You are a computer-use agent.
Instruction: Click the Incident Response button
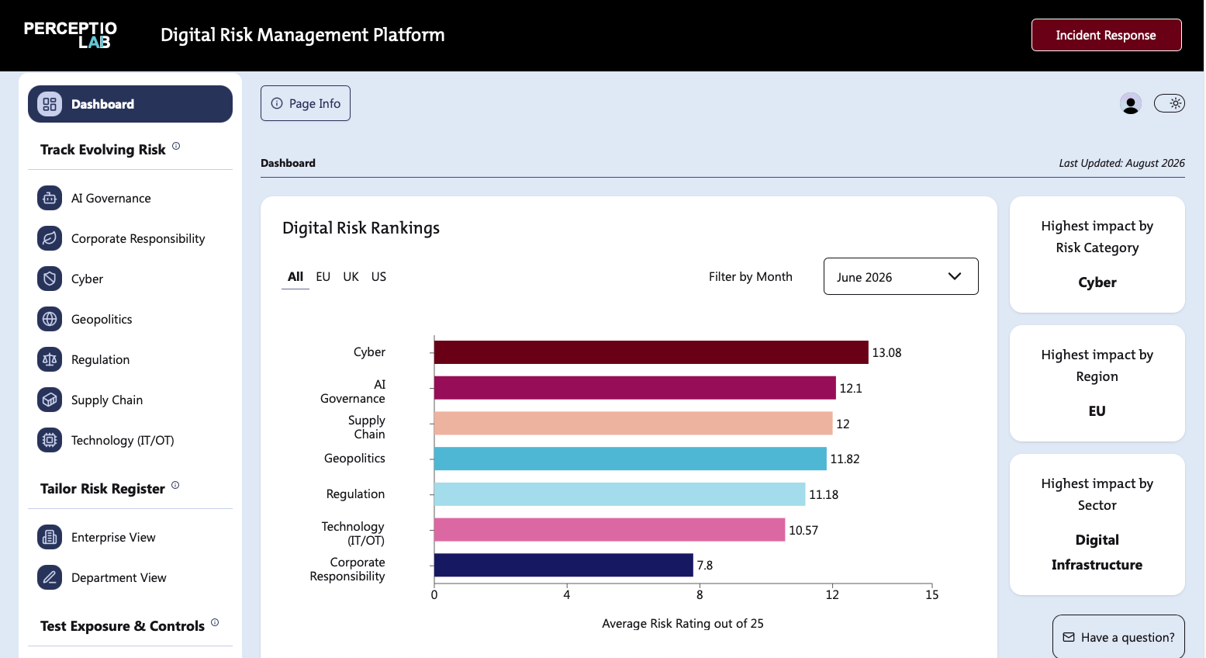1107,35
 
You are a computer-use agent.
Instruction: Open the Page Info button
306,103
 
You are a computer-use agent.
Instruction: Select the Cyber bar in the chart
651,352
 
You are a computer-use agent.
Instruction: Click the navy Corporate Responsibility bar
563,565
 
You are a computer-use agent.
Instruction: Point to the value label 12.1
851,388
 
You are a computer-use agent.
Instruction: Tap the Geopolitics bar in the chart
630,459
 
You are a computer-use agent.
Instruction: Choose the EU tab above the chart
323,277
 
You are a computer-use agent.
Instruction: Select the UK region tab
351,277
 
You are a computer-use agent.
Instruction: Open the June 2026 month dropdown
900,276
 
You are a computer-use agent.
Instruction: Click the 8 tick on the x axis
700,594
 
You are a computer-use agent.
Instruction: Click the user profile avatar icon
1130,103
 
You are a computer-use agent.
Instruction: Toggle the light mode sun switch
1169,103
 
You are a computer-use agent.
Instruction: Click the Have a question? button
1118,637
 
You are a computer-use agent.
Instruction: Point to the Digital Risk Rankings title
361,228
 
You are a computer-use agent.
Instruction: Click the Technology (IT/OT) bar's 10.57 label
803,531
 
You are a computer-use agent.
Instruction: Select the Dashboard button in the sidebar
130,104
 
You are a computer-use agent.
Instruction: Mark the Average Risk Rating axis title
682,624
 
